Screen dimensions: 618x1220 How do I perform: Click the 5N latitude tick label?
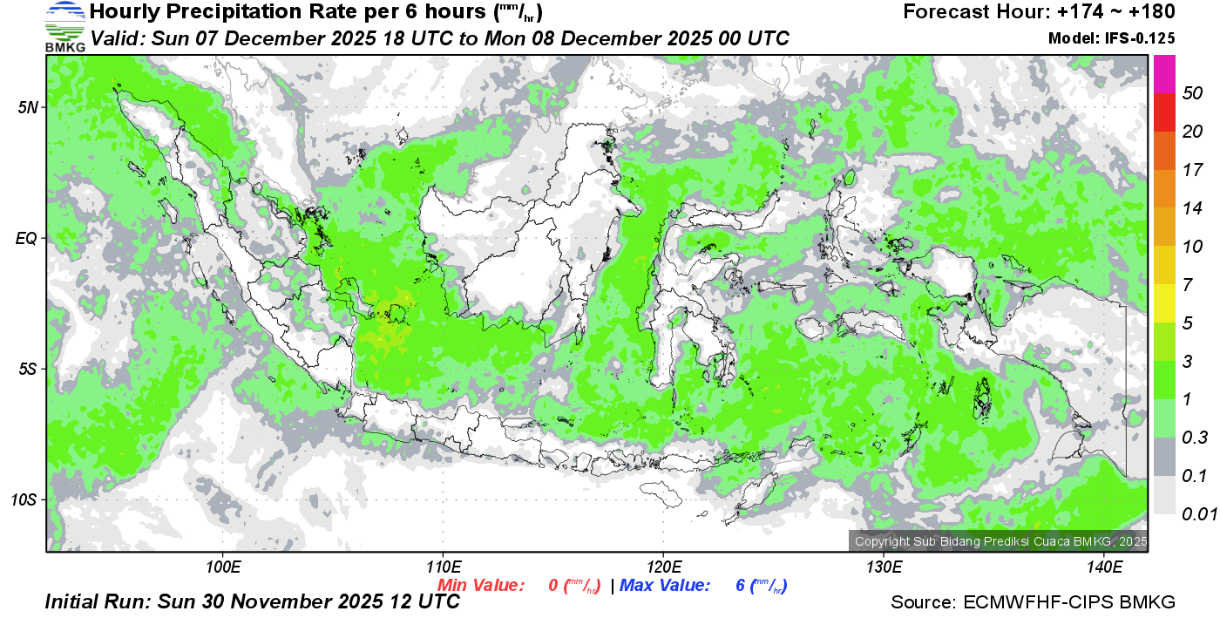pyautogui.click(x=29, y=107)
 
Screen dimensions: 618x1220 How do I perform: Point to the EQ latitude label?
pyautogui.click(x=28, y=238)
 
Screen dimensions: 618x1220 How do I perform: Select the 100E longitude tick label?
pyautogui.click(x=222, y=567)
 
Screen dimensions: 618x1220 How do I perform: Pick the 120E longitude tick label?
pyautogui.click(x=663, y=567)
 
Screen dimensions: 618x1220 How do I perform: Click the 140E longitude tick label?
pyautogui.click(x=1104, y=567)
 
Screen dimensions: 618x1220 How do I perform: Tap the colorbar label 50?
pyautogui.click(x=1191, y=94)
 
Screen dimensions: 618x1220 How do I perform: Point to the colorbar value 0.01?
pyautogui.click(x=1199, y=514)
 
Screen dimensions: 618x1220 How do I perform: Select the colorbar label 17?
pyautogui.click(x=1191, y=170)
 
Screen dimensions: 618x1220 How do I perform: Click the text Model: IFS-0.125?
pyautogui.click(x=1112, y=38)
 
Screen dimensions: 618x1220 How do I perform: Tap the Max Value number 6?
pyautogui.click(x=740, y=586)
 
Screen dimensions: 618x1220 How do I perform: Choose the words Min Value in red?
pyautogui.click(x=481, y=586)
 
